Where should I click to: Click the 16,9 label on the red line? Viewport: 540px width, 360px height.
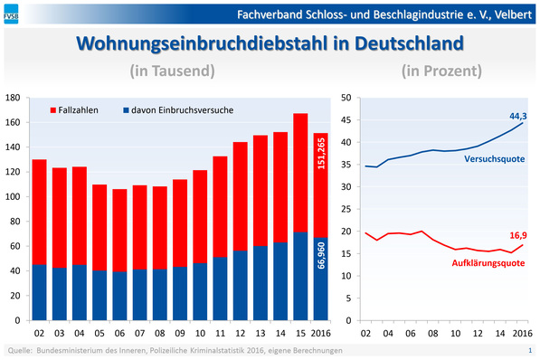[x=518, y=233]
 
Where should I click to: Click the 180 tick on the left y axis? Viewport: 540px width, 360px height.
[x=13, y=98]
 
